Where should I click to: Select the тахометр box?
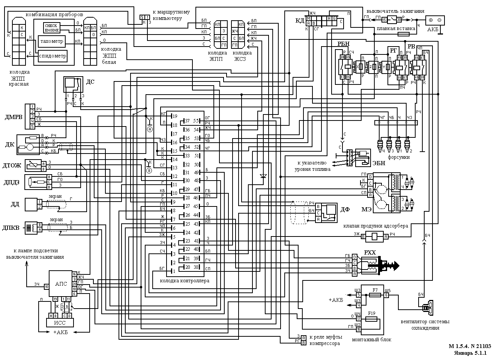[x=52, y=41]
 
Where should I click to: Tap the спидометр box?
[x=53, y=56]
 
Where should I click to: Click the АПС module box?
[x=61, y=284]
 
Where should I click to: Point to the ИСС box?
[x=60, y=322]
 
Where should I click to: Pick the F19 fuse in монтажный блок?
[x=372, y=319]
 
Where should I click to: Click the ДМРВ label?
[x=14, y=117]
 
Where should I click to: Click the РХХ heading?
[x=369, y=253]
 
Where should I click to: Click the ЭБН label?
[x=378, y=163]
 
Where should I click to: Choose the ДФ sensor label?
[x=345, y=210]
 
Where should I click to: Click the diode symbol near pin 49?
[x=263, y=176]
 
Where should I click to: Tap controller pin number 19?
[x=174, y=117]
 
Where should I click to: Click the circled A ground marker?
[x=149, y=129]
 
